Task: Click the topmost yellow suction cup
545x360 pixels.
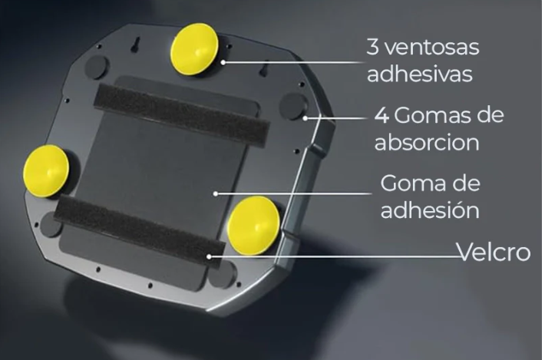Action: coord(195,49)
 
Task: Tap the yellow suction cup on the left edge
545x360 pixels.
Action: coord(46,171)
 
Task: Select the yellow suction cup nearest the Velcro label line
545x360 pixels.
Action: coord(254,225)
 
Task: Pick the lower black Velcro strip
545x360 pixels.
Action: coord(140,232)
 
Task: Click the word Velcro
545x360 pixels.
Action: coord(494,252)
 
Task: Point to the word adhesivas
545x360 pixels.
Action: coord(420,74)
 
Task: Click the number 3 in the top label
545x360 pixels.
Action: coord(372,47)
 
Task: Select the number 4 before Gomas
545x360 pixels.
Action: coord(381,115)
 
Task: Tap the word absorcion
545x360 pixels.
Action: coord(427,142)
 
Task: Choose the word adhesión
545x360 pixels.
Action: coord(431,210)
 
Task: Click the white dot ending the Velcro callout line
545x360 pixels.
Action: coord(209,257)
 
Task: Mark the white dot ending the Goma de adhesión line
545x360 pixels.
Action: coord(216,193)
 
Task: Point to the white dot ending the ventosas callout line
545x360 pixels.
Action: coord(223,62)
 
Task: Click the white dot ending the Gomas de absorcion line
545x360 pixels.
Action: coord(305,118)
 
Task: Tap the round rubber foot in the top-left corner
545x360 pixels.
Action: coord(96,66)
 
